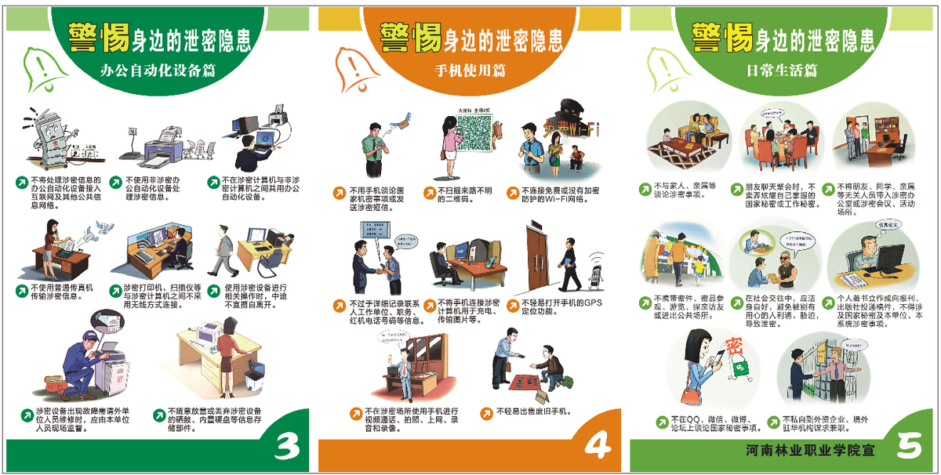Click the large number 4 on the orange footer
(x=598, y=446)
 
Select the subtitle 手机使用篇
(x=470, y=70)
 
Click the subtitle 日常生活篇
(x=782, y=70)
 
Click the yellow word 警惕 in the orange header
(x=409, y=35)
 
